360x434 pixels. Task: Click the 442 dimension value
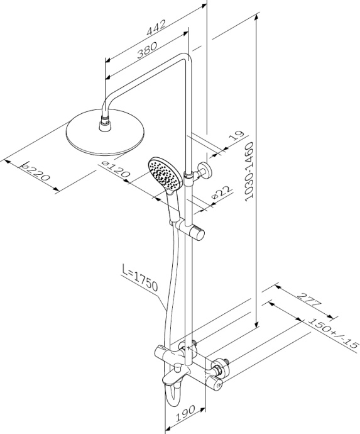pos(156,28)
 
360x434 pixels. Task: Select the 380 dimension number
pos(147,50)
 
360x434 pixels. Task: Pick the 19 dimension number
pos(236,136)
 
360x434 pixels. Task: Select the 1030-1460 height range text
pos(249,171)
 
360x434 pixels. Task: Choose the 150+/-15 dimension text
pos(333,334)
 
